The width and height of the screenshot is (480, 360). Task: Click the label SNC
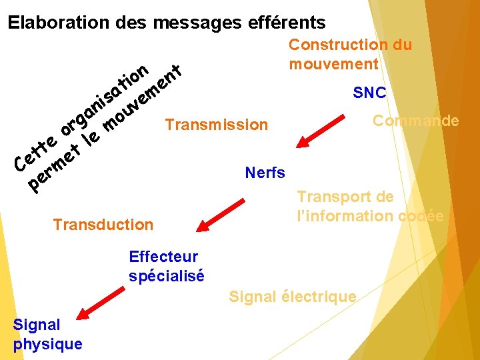(x=369, y=93)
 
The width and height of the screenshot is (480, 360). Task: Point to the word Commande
(x=415, y=121)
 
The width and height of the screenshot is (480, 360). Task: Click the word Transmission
(x=216, y=125)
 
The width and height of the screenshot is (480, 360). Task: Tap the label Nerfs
(x=265, y=173)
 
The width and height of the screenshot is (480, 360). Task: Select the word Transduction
(x=103, y=225)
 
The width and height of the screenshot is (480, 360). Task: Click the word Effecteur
(x=163, y=257)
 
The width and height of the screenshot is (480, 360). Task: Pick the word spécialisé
(x=167, y=275)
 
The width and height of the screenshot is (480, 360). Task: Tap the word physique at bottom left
(x=47, y=344)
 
